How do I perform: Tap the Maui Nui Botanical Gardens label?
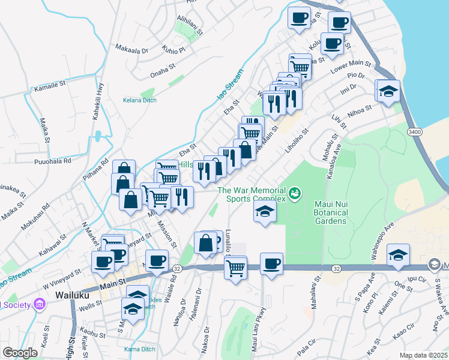tap(330, 212)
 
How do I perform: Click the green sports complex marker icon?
tap(295, 193)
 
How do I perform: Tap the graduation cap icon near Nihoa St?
tap(388, 92)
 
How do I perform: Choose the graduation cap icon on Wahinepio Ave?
tap(398, 255)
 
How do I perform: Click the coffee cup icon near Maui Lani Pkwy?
tap(271, 264)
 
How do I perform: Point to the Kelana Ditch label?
tap(140, 100)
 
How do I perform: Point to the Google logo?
tap(20, 353)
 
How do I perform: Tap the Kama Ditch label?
tap(139, 349)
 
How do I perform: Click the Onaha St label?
tap(163, 71)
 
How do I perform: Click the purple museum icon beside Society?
tap(40, 304)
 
